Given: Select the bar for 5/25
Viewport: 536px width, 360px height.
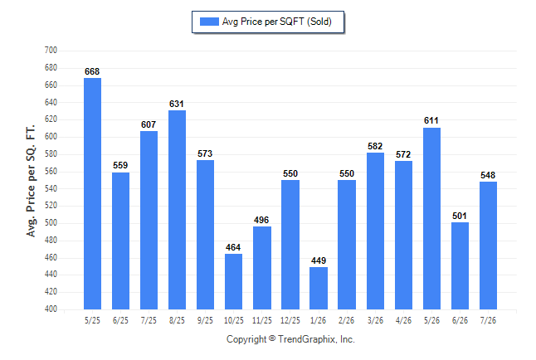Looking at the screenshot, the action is (92, 193).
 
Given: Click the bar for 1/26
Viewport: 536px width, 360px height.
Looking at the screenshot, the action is (319, 288).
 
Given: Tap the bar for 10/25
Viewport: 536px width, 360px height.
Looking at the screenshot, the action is (233, 281).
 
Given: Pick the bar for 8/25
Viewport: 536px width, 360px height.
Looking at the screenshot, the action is (177, 210).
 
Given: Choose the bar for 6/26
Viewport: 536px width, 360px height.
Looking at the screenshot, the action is (460, 265).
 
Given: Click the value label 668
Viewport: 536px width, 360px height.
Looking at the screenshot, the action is (92, 71).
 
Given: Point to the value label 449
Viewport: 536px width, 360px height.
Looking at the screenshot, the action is (319, 260).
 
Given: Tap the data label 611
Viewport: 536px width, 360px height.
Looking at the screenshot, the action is (431, 120).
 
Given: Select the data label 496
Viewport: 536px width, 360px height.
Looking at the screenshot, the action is (261, 220).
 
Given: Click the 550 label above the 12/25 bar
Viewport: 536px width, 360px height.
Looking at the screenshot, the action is (290, 173).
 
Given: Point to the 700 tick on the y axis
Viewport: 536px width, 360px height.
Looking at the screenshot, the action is (51, 51).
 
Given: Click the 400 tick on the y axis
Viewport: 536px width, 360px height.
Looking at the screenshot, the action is (51, 309).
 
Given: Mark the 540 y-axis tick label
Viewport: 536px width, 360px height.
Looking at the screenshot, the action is (51, 188).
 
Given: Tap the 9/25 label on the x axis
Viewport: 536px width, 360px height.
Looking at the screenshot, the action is (205, 320).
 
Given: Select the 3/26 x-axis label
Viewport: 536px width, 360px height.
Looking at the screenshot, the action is (375, 320).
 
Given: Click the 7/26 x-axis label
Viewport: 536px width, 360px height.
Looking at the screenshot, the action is (488, 320).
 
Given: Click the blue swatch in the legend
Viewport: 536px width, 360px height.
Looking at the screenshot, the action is (209, 22).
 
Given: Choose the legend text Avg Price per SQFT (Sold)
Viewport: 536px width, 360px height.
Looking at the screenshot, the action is (276, 22).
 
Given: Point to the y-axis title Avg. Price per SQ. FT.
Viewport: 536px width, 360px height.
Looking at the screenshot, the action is (31, 181).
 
